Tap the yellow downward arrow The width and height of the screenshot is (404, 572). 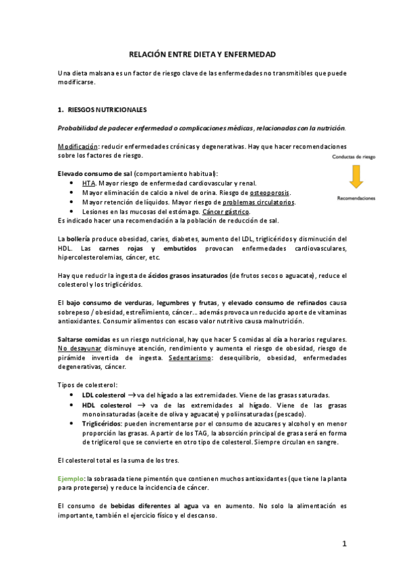pos(357,177)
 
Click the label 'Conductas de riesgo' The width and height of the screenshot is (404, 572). pos(357,157)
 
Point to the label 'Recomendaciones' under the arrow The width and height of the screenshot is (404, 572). pos(357,198)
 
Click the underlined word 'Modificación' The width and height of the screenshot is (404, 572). pos(78,146)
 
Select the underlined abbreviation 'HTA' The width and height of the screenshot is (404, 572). pos(88,183)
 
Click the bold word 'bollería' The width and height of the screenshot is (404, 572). pos(79,239)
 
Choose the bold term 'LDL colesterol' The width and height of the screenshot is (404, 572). pos(103,395)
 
